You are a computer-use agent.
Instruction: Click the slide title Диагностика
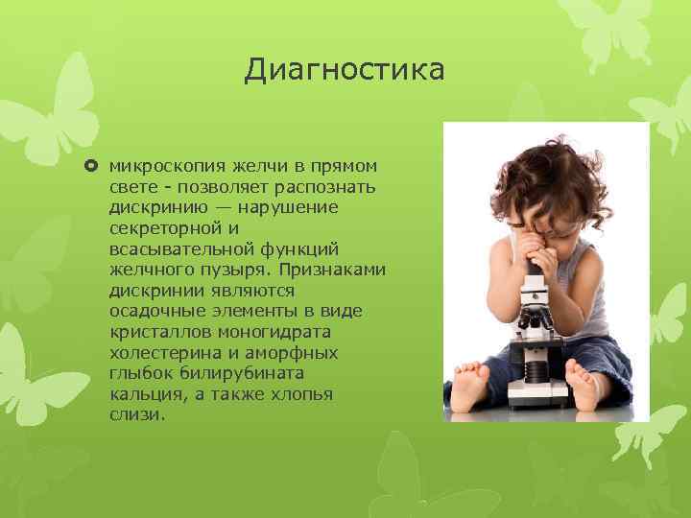point(344,70)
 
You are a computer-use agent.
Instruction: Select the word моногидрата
point(279,333)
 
